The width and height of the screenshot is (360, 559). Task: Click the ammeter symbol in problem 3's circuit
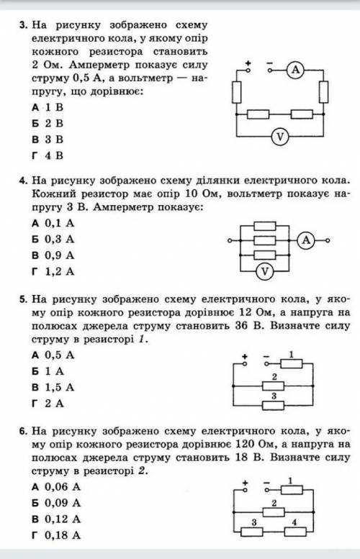(295, 70)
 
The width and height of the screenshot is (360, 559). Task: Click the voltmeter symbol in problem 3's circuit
(280, 137)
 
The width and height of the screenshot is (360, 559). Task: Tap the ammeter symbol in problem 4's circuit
(306, 240)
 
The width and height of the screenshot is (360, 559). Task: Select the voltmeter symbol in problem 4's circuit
(265, 272)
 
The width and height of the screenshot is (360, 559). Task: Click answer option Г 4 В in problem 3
(48, 155)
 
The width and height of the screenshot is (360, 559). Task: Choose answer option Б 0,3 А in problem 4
(53, 240)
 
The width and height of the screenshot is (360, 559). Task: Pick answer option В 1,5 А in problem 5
(53, 387)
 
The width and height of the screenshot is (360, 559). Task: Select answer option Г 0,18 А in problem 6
(56, 535)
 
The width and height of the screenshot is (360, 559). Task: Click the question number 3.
(24, 25)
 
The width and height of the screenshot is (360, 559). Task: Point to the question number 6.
(24, 432)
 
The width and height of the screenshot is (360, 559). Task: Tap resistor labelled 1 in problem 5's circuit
(292, 364)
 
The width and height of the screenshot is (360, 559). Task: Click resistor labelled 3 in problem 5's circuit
(274, 406)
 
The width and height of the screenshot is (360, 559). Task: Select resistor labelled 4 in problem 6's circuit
(295, 532)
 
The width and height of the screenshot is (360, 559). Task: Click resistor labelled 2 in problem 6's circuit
(274, 512)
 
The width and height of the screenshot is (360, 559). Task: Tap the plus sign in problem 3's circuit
(248, 63)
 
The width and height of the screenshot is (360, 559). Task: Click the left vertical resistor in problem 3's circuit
(237, 92)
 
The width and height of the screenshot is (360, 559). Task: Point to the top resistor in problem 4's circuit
(265, 226)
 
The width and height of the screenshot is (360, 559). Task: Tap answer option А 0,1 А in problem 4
(53, 223)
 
